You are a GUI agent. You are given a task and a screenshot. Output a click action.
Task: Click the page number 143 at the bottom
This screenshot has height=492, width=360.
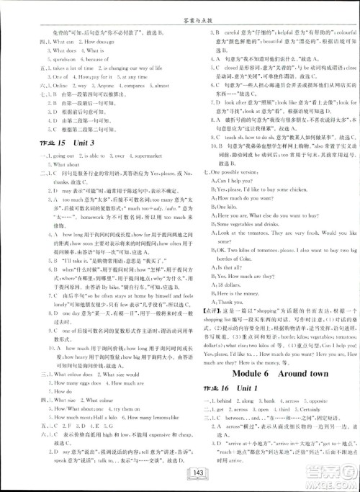(x=179, y=473)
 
